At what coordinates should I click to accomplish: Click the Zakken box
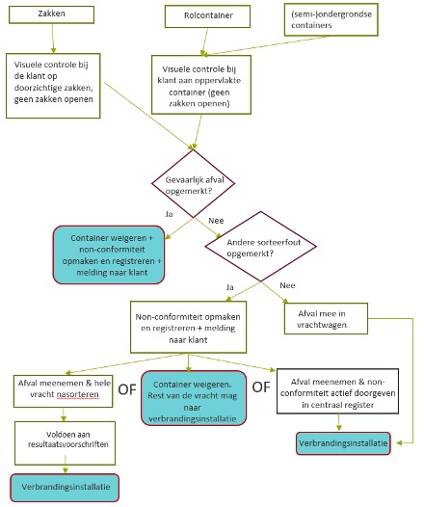(x=51, y=14)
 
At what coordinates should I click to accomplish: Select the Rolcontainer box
(x=207, y=16)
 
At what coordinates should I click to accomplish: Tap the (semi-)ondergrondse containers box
(x=331, y=19)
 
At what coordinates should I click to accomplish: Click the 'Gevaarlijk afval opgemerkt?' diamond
(x=194, y=184)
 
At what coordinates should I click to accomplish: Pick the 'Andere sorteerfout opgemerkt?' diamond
(x=261, y=247)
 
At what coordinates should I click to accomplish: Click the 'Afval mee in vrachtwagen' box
(x=326, y=318)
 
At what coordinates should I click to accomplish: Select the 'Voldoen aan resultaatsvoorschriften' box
(x=65, y=443)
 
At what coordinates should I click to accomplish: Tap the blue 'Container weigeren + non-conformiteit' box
(x=109, y=254)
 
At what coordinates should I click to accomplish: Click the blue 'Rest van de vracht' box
(x=194, y=398)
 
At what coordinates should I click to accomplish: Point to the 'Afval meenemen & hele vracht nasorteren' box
(x=63, y=391)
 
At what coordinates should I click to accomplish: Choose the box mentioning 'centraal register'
(x=337, y=391)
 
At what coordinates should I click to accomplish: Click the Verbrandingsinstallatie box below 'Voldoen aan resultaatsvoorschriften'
(x=65, y=488)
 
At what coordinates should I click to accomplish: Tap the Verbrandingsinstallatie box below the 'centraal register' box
(x=343, y=443)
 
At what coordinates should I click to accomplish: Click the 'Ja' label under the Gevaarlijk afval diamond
(x=169, y=214)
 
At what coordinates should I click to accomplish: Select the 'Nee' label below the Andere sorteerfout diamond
(x=287, y=285)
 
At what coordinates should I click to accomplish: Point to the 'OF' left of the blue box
(x=127, y=389)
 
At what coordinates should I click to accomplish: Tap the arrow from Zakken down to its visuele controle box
(x=53, y=39)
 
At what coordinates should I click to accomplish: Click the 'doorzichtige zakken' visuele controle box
(x=53, y=86)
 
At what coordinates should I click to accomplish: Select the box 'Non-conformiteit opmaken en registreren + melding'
(x=188, y=327)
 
